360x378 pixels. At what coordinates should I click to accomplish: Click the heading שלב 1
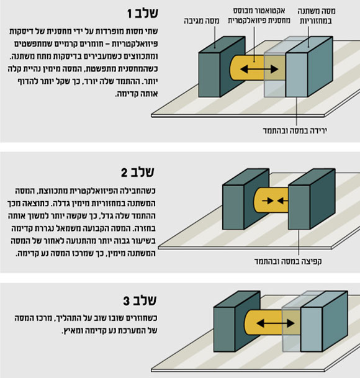coord(143,13)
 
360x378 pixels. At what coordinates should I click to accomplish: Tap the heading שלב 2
coord(137,172)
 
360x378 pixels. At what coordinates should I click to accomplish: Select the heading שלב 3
coord(140,300)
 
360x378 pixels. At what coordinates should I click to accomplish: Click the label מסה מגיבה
coord(202,20)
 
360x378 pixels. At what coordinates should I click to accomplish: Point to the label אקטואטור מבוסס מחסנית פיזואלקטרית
coord(259,16)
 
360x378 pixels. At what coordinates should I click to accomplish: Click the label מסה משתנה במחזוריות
coord(316,16)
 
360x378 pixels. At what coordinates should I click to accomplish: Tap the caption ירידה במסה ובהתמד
coord(295,130)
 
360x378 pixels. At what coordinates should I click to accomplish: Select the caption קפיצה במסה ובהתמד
coord(288,261)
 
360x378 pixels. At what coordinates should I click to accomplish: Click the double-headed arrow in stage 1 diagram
coord(259,70)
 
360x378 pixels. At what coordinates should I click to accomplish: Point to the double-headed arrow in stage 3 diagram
coord(276,323)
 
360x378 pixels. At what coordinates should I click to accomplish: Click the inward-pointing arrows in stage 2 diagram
coord(274,200)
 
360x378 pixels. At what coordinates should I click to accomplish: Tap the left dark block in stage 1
coord(222,67)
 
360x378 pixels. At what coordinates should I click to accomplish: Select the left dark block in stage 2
coord(246,199)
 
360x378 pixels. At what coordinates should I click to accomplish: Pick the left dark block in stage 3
coord(236,322)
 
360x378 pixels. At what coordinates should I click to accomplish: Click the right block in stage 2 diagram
coord(312,199)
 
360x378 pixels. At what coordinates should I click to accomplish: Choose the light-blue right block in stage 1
coord(309,67)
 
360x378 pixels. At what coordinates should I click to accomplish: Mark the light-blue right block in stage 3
coord(324,322)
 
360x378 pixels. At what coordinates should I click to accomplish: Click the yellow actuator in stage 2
coord(271,200)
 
